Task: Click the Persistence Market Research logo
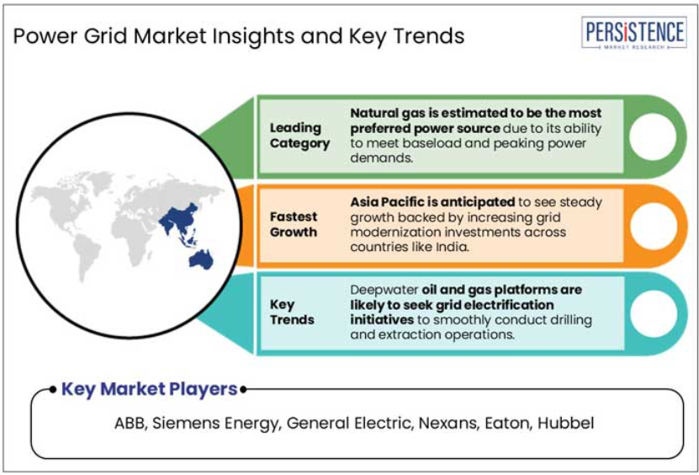click(x=633, y=33)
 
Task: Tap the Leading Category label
click(x=299, y=136)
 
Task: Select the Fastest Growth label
click(x=294, y=225)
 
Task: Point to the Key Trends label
click(x=292, y=312)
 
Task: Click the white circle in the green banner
click(x=653, y=136)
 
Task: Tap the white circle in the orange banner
click(x=654, y=226)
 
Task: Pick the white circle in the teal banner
click(x=654, y=313)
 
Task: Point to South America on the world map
click(x=86, y=256)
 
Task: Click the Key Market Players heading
click(x=149, y=389)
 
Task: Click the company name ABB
click(x=130, y=423)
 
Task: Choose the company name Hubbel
click(x=566, y=423)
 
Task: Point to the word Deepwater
click(x=384, y=291)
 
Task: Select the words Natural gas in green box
click(x=381, y=114)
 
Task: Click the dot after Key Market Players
click(x=243, y=390)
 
